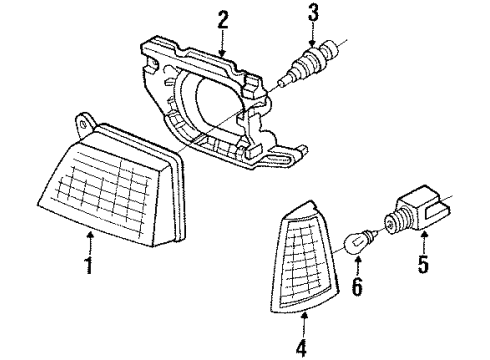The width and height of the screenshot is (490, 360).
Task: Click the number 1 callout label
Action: point(90,267)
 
